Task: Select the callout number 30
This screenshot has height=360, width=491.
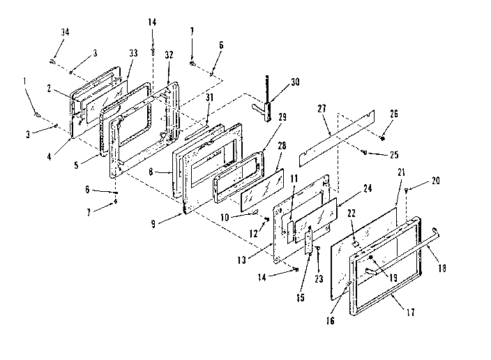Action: click(295, 81)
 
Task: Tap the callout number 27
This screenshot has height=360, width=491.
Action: click(322, 110)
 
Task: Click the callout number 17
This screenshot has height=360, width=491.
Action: click(411, 313)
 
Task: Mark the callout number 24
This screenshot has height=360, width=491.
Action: click(367, 188)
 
